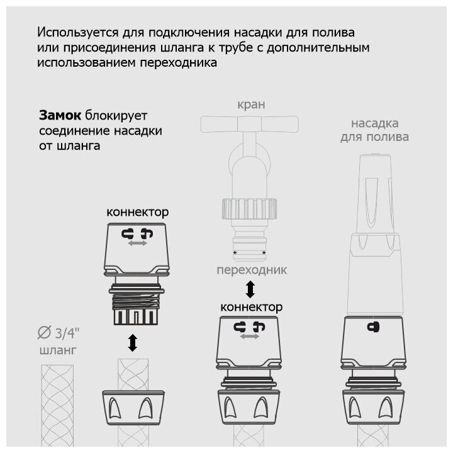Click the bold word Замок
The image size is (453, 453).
tap(60, 115)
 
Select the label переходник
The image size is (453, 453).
tap(250, 271)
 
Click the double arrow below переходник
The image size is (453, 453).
tap(250, 290)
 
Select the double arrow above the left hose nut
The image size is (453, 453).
tap(132, 344)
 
